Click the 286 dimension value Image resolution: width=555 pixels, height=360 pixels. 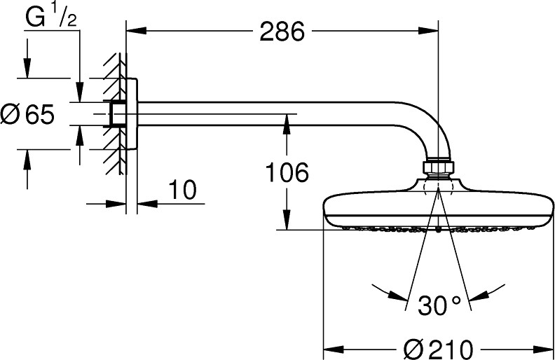click(x=282, y=32)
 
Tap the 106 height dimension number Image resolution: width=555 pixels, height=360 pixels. click(x=287, y=172)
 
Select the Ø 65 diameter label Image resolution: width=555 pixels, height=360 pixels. click(x=27, y=114)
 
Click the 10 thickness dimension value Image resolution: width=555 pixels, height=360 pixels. click(x=182, y=190)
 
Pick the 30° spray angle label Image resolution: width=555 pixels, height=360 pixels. click(x=439, y=305)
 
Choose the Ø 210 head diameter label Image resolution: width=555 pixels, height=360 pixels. click(x=438, y=349)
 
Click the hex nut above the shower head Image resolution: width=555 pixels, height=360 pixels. click(x=438, y=167)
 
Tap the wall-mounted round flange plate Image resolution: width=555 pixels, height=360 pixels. click(x=132, y=113)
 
